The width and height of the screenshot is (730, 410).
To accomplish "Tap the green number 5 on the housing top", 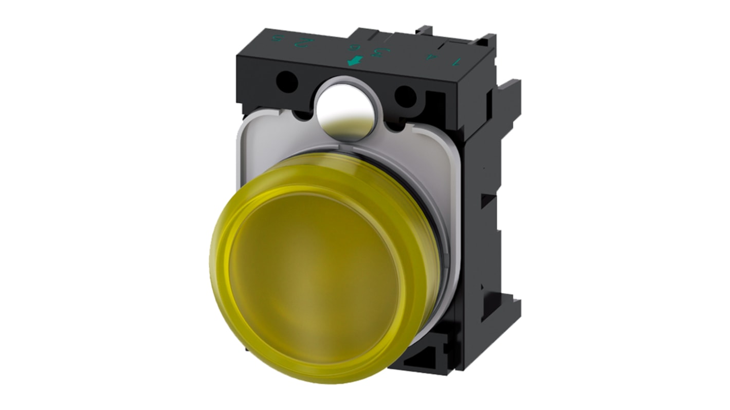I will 279,39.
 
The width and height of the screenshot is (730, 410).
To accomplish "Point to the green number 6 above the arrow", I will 353,48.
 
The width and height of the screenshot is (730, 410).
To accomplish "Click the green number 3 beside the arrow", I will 383,52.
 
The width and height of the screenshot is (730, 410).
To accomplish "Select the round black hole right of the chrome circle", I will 406,96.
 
